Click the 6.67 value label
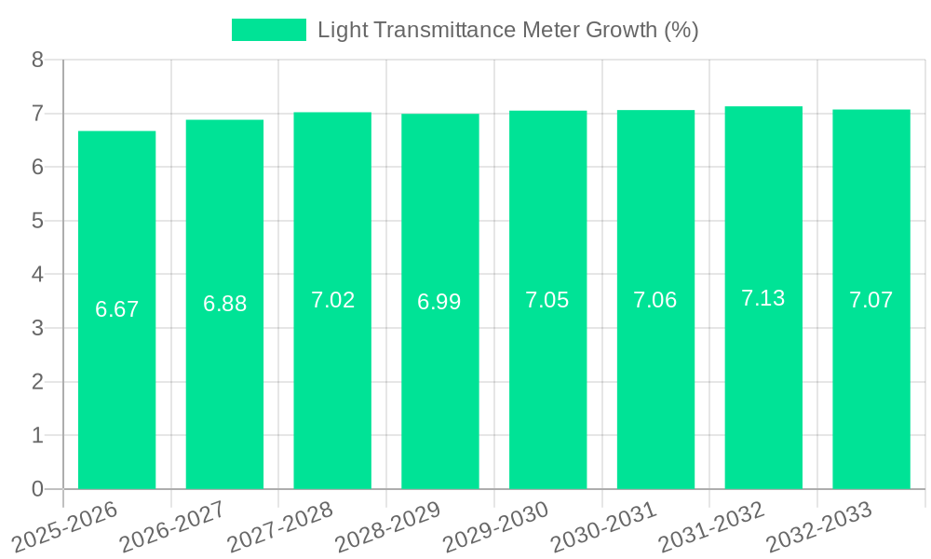(116, 309)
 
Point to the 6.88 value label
(224, 304)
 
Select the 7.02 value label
(332, 300)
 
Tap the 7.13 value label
(763, 298)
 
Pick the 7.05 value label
(547, 300)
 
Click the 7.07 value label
(871, 300)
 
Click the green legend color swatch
(268, 30)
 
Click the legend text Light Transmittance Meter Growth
(507, 30)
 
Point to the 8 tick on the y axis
(37, 61)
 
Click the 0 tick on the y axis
(37, 489)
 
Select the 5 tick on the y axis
(37, 221)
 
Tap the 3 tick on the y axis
(37, 328)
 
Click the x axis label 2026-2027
(173, 525)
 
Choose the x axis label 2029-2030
(496, 525)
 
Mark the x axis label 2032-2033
(819, 525)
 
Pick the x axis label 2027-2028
(281, 525)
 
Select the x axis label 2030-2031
(604, 525)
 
